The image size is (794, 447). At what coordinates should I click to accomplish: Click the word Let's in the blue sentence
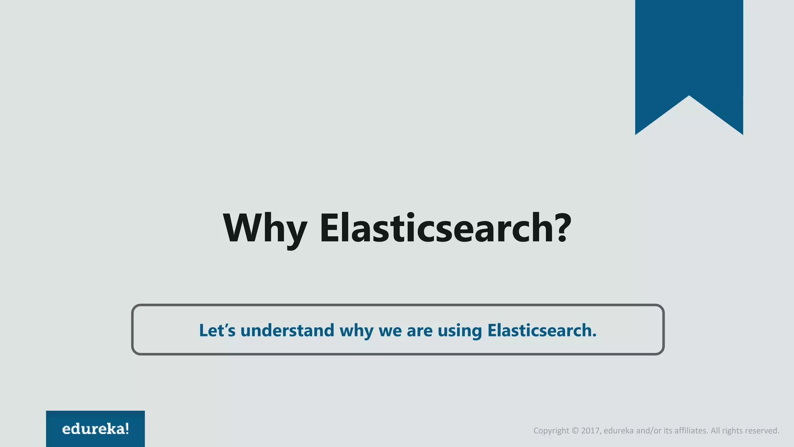point(217,331)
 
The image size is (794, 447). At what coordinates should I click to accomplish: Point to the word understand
point(287,331)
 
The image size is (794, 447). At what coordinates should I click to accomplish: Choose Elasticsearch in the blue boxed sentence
point(540,331)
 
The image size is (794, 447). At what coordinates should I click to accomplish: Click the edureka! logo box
point(95,428)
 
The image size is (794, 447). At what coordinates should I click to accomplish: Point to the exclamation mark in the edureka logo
point(127,428)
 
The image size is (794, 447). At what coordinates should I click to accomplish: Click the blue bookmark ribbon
point(689,50)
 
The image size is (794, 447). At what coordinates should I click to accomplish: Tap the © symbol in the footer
point(575,431)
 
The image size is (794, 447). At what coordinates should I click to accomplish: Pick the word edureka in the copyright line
point(619,431)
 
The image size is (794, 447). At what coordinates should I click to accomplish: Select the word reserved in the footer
point(762,431)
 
